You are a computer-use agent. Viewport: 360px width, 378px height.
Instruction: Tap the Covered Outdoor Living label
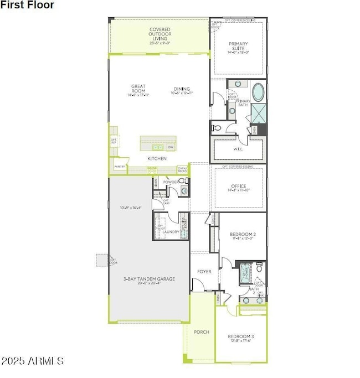click(x=160, y=34)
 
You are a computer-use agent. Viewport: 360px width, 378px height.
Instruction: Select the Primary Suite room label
click(x=239, y=48)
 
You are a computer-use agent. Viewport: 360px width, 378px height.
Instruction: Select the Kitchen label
click(x=157, y=159)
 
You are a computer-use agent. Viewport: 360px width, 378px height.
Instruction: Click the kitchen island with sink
click(x=158, y=143)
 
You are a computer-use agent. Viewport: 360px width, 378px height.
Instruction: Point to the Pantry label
click(x=119, y=166)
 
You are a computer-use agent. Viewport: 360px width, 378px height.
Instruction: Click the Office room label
click(x=239, y=189)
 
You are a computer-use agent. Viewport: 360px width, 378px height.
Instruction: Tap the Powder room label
click(x=170, y=182)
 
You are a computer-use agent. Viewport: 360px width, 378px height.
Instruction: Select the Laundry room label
click(x=170, y=232)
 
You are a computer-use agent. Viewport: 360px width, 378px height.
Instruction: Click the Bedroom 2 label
click(x=242, y=236)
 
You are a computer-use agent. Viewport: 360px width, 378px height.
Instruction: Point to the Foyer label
click(x=205, y=272)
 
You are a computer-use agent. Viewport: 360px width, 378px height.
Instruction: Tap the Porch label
click(x=201, y=332)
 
